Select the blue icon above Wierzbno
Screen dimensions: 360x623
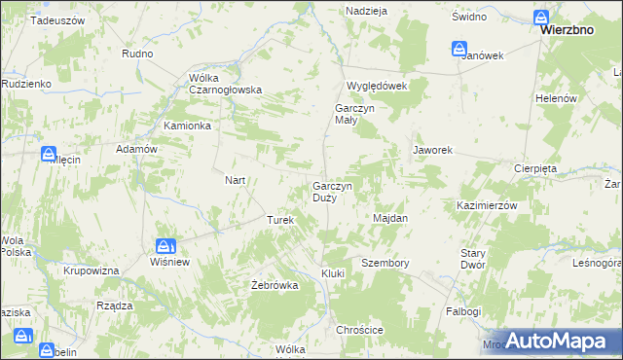pyautogui.click(x=543, y=15)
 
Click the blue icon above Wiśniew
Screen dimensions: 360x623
pyautogui.click(x=165, y=247)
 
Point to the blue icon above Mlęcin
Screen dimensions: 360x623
pyautogui.click(x=48, y=153)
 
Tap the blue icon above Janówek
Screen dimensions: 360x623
pyautogui.click(x=459, y=47)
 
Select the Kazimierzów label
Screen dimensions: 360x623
pyautogui.click(x=486, y=206)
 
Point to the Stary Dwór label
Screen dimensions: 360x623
pyautogui.click(x=473, y=259)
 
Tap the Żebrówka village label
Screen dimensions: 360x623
pyautogui.click(x=274, y=285)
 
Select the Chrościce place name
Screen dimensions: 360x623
pyautogui.click(x=360, y=331)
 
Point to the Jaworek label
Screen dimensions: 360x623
pyautogui.click(x=432, y=151)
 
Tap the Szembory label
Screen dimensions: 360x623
pyautogui.click(x=385, y=264)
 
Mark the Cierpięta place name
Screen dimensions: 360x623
pyautogui.click(x=534, y=167)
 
